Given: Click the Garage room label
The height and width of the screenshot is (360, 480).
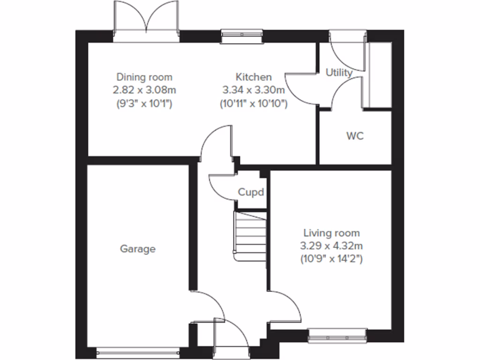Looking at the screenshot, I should [137, 249].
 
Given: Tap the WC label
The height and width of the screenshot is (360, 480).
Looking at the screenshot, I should [355, 136].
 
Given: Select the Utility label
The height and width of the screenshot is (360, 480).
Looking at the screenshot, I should [339, 73].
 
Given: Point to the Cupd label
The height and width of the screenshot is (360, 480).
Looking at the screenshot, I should [251, 192].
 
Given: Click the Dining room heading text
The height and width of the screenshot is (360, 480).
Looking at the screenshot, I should [144, 77].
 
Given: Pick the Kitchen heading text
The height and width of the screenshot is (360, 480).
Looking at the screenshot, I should [253, 77].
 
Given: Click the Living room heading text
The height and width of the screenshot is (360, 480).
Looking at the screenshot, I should [331, 232].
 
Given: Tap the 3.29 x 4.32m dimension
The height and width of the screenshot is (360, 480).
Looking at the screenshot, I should [331, 245].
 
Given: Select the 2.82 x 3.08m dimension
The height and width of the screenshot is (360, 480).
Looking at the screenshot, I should [144, 90].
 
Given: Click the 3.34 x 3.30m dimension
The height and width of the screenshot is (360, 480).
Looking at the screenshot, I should [253, 90].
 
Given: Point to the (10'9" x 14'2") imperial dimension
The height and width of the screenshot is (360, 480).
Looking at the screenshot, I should [331, 258].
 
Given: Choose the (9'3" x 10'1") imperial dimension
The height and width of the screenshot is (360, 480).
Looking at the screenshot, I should [144, 103].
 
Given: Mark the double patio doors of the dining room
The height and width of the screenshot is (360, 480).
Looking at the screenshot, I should [146, 28].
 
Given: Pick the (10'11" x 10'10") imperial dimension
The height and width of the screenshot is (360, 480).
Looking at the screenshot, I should [253, 103].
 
